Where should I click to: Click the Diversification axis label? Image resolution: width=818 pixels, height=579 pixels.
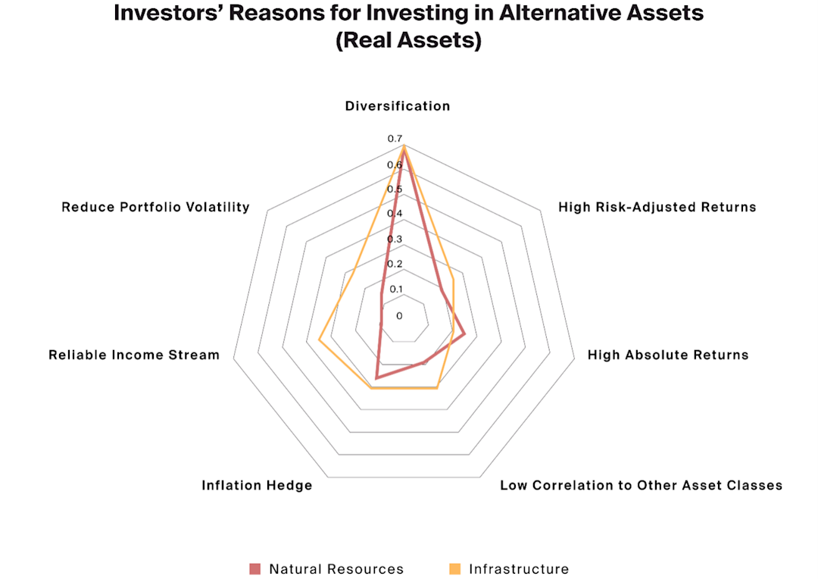pos(398,106)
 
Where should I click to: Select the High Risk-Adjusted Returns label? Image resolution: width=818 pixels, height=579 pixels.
pos(657,207)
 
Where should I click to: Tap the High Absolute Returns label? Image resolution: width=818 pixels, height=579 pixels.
pos(668,355)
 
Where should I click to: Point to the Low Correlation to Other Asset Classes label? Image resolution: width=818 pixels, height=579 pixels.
pos(641,485)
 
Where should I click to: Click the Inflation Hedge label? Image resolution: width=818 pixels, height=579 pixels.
pos(257,485)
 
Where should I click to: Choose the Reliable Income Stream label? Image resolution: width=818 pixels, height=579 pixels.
pos(134,355)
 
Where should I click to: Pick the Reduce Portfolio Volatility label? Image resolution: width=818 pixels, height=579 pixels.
pos(155,207)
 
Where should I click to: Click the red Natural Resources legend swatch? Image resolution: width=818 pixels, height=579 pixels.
pos(254,568)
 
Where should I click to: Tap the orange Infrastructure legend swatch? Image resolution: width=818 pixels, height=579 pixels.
pos(454,568)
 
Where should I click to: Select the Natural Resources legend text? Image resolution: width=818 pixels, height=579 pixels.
pos(336,569)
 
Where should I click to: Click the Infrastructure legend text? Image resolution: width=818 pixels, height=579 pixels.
pos(519,569)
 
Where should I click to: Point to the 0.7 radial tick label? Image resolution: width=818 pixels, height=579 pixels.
pos(395,139)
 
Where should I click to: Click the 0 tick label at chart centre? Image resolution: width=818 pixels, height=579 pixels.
pos(399,315)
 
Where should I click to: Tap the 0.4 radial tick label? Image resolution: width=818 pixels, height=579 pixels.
pos(395,214)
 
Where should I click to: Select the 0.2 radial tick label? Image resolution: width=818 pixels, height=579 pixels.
pos(395,264)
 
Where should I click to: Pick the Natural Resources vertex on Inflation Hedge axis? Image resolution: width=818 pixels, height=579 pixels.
pos(376,377)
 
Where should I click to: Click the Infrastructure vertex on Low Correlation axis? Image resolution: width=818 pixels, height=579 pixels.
pos(437,387)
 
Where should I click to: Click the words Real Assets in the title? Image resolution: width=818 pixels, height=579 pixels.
pos(408,41)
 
